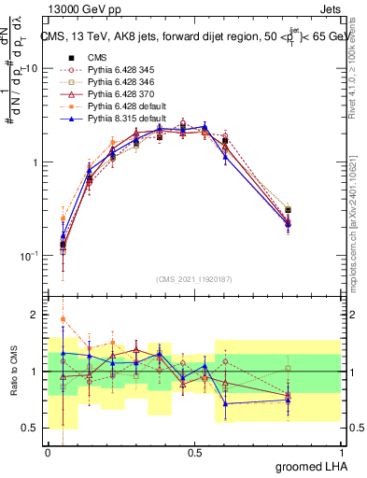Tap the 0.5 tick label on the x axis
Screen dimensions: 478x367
pyautogui.click(x=194, y=453)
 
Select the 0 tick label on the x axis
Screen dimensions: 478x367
pyautogui.click(x=48, y=453)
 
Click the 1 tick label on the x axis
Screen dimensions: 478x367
pyautogui.click(x=341, y=453)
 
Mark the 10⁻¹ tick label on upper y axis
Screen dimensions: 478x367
pyautogui.click(x=28, y=255)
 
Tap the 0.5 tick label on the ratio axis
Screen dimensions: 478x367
pyautogui.click(x=32, y=428)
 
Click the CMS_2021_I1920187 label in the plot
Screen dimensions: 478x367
pyautogui.click(x=194, y=277)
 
